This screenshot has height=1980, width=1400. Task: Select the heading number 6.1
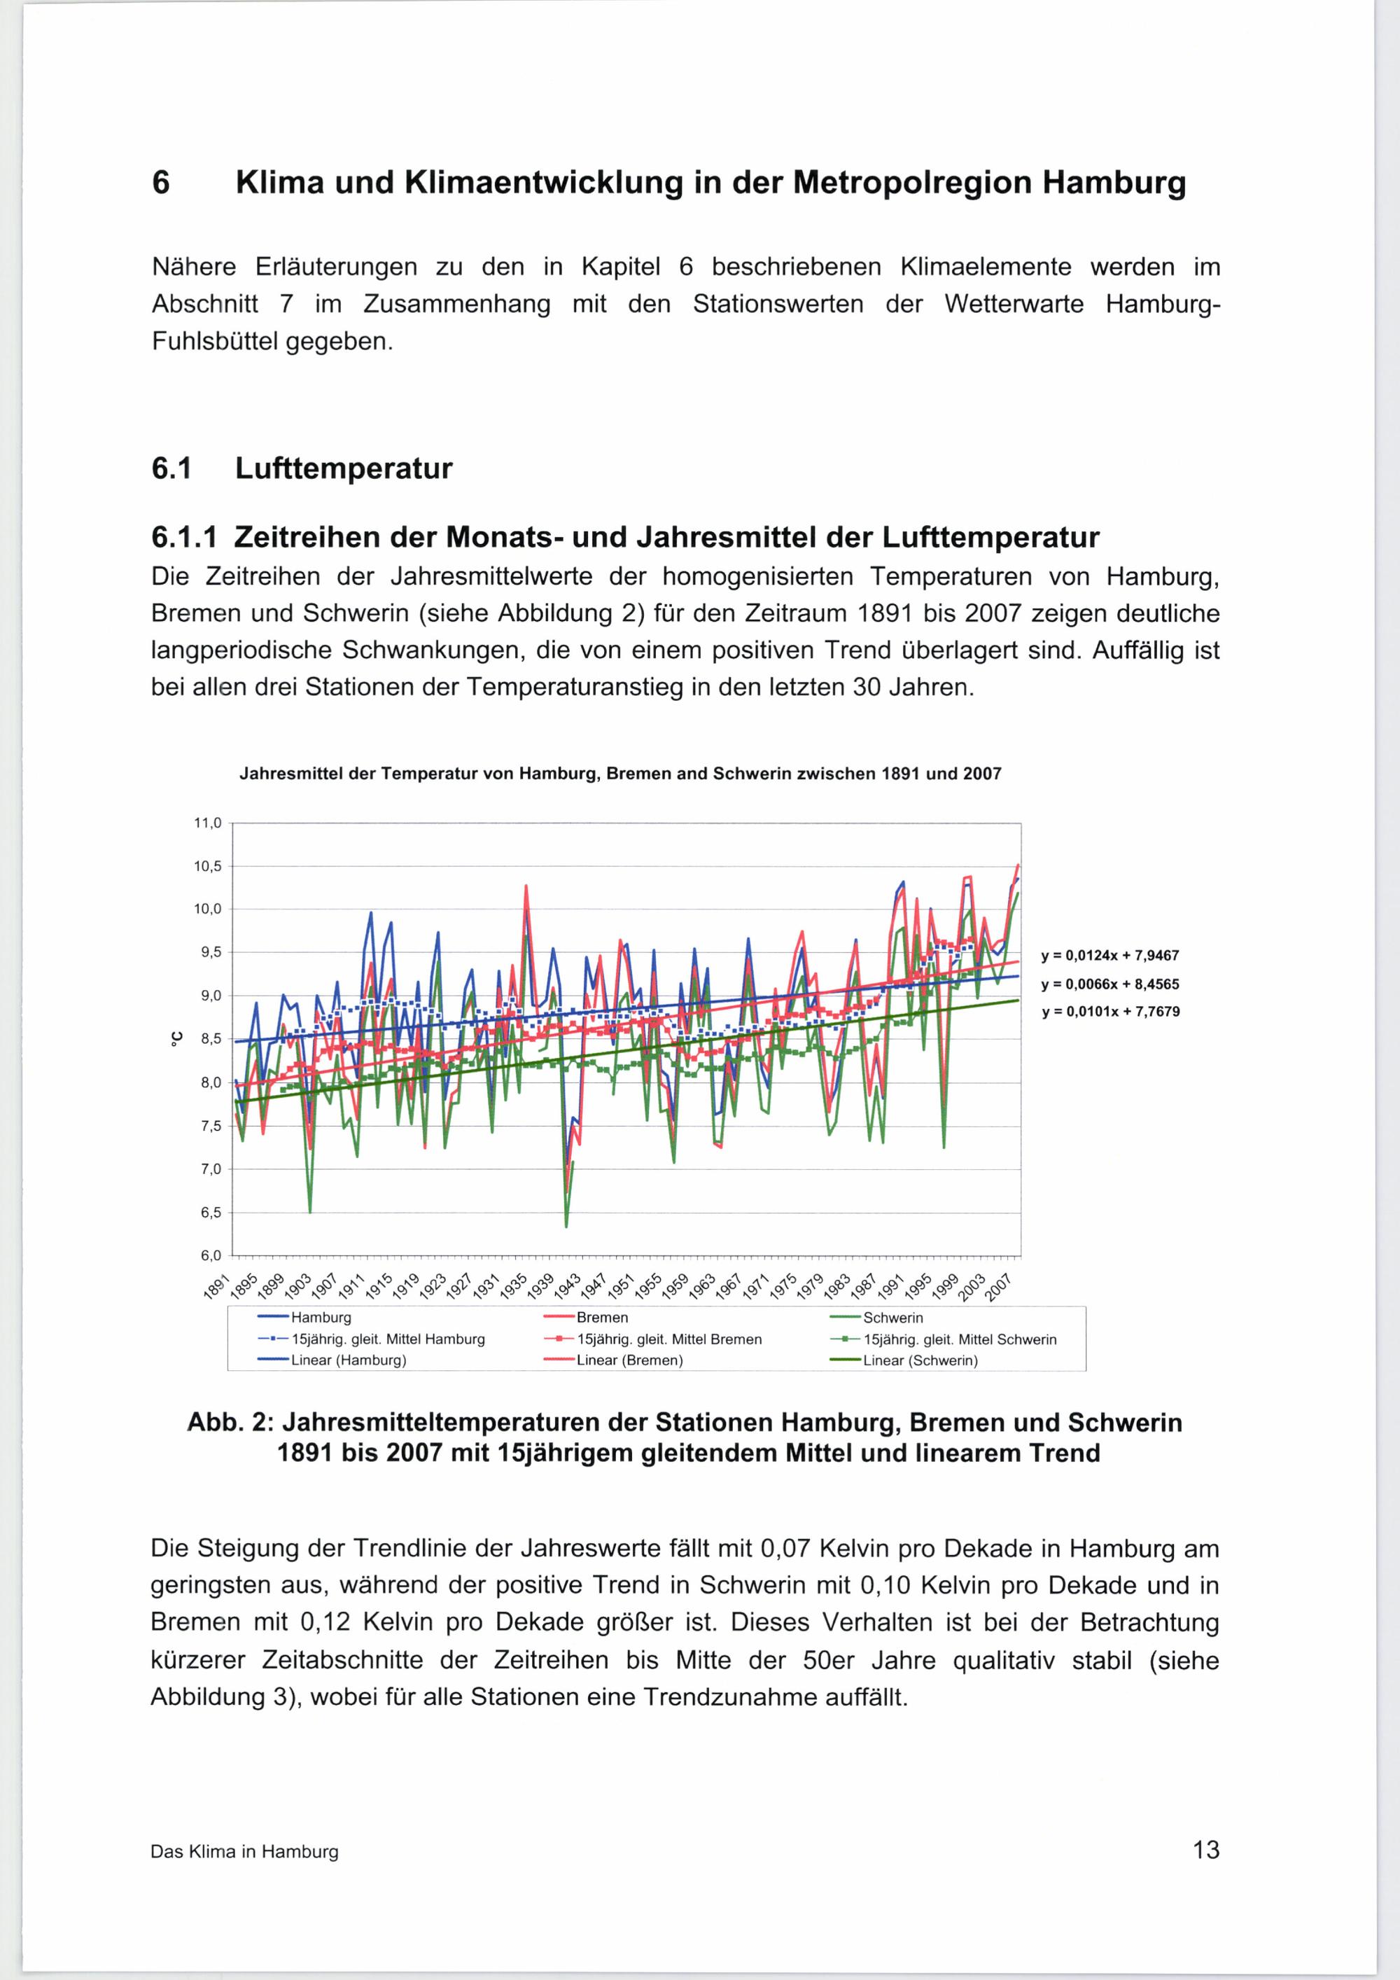click(170, 469)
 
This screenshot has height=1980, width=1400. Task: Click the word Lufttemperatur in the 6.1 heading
click(343, 469)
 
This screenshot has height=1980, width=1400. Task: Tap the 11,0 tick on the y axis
click(208, 823)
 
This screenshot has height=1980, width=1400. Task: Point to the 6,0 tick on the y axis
click(208, 1255)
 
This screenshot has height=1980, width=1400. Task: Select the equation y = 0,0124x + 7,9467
click(1109, 956)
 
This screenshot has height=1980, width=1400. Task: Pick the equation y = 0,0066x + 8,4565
click(1109, 984)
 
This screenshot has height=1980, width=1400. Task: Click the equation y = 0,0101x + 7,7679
click(1109, 1012)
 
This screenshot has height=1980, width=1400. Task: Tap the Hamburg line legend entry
click(321, 1318)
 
